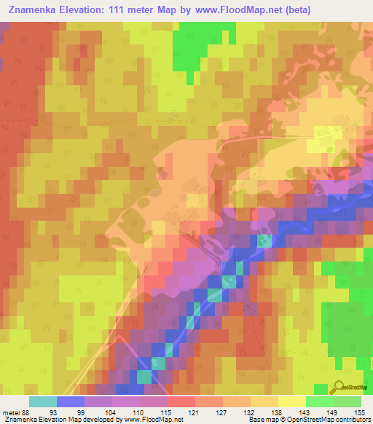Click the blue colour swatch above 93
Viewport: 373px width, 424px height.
[x=70, y=401]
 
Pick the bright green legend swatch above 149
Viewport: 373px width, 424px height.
[x=319, y=401]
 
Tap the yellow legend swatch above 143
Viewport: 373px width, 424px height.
[x=291, y=401]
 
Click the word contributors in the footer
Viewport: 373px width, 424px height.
[x=351, y=420]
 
